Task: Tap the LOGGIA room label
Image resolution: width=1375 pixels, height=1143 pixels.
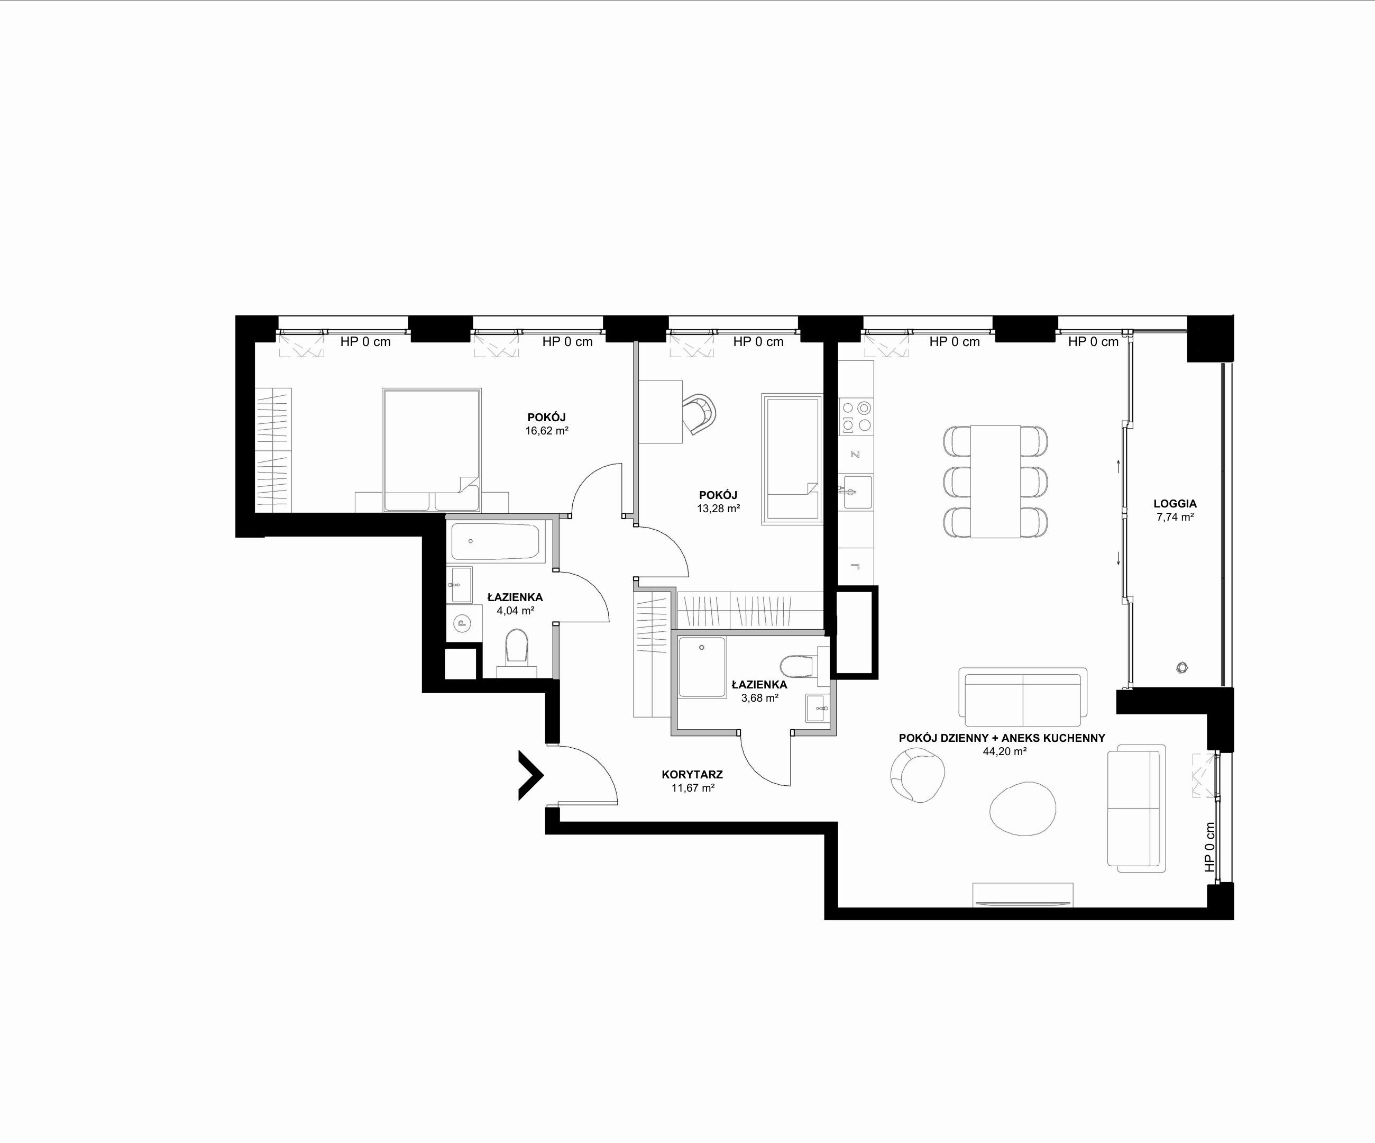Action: pyautogui.click(x=1175, y=504)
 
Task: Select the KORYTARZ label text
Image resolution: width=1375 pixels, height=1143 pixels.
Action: pyautogui.click(x=692, y=774)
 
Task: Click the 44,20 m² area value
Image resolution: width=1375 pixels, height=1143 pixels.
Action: pyautogui.click(x=1004, y=752)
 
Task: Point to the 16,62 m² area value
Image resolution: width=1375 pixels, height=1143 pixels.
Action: pyautogui.click(x=547, y=431)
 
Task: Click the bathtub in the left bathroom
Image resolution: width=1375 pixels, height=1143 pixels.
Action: pyautogui.click(x=496, y=541)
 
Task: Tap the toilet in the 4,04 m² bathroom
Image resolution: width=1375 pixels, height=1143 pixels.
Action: pyautogui.click(x=517, y=648)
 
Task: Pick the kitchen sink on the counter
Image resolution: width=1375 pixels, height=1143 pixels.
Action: pyautogui.click(x=855, y=492)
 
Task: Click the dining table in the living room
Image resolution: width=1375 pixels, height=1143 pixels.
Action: pyautogui.click(x=995, y=482)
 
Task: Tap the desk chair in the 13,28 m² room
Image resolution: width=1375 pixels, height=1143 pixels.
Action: pyautogui.click(x=699, y=413)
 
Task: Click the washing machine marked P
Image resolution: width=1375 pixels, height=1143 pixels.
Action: pyautogui.click(x=462, y=623)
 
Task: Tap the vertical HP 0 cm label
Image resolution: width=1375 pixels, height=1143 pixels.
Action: pyautogui.click(x=1209, y=847)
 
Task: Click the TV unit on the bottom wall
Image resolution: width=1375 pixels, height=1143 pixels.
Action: pyautogui.click(x=1023, y=895)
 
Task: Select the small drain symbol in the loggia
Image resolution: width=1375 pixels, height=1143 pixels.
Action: pyautogui.click(x=1182, y=667)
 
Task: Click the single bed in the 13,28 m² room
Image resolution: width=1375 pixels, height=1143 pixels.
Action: pyautogui.click(x=792, y=458)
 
